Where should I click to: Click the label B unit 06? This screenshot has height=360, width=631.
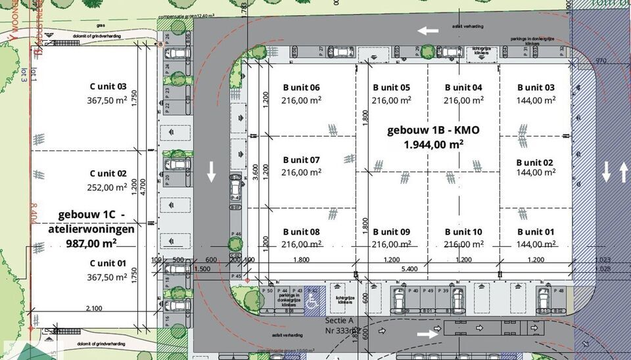[301, 87]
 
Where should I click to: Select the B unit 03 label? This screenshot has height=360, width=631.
[535, 87]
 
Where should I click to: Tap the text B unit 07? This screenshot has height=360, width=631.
[301, 160]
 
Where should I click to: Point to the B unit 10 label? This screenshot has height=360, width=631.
[463, 232]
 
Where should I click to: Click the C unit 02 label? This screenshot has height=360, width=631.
[108, 174]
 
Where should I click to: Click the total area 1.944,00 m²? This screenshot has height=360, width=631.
[434, 144]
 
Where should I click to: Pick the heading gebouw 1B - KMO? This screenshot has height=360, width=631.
[434, 129]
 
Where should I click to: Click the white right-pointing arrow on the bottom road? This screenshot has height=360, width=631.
[427, 334]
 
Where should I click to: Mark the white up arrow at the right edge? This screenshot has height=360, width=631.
[622, 173]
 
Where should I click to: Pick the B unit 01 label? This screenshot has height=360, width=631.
[535, 232]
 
